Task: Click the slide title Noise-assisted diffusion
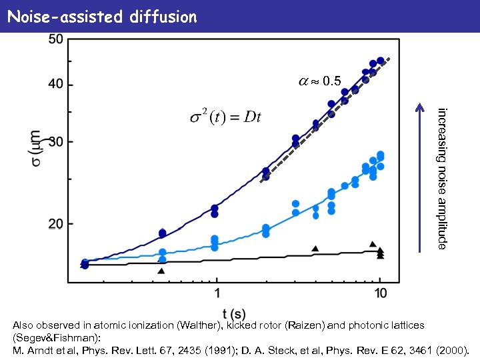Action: click(x=101, y=16)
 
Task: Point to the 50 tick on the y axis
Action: click(x=56, y=39)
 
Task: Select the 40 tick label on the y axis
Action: click(x=56, y=85)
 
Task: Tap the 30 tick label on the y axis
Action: click(x=56, y=142)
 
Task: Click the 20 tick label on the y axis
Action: click(x=56, y=224)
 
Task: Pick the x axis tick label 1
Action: click(x=217, y=293)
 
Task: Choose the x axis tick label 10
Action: click(x=379, y=293)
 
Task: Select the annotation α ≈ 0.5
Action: click(x=319, y=81)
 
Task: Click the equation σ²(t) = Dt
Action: click(x=225, y=118)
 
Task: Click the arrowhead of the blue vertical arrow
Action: click(x=419, y=105)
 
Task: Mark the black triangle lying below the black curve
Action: click(x=161, y=271)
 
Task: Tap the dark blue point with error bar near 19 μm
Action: click(x=162, y=233)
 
